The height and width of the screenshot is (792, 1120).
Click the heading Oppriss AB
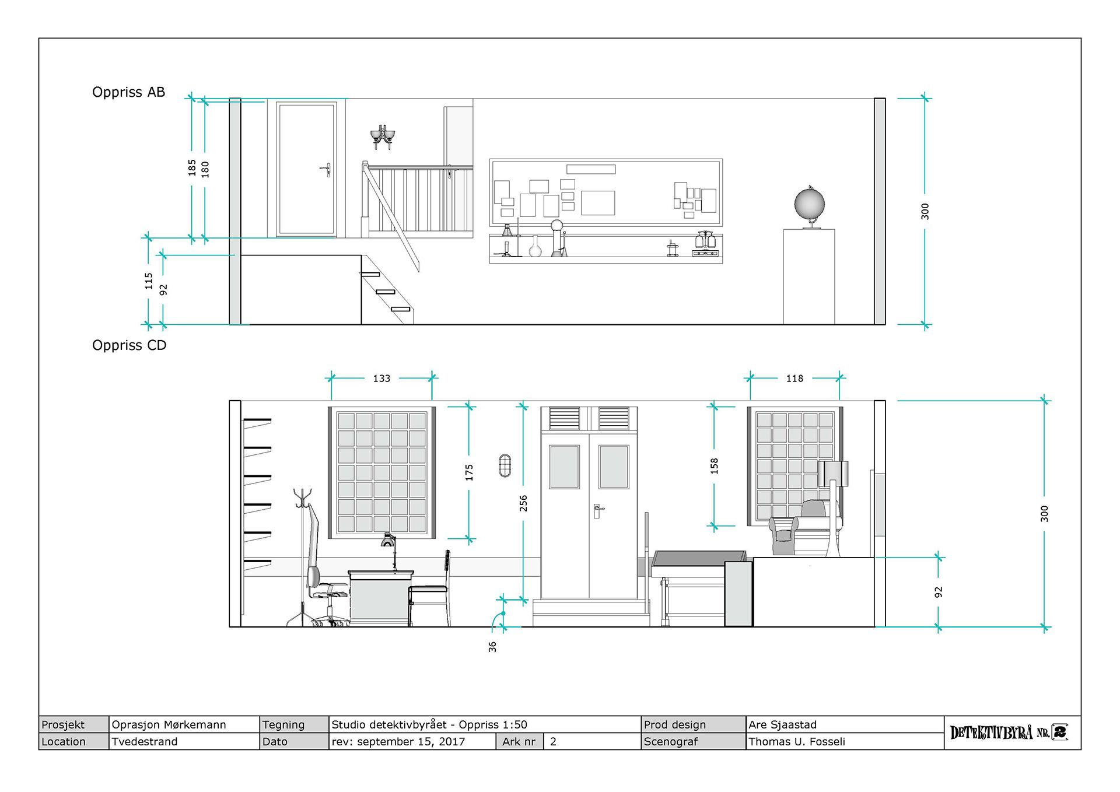[128, 92]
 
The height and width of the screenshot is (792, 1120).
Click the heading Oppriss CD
[129, 345]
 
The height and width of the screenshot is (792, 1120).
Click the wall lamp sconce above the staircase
[383, 136]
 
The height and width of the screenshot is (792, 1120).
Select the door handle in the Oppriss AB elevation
[327, 170]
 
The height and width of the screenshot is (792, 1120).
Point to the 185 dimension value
[192, 168]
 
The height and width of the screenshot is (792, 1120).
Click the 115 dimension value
[149, 281]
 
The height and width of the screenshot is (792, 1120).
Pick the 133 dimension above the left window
[381, 379]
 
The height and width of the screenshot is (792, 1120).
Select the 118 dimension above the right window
[794, 379]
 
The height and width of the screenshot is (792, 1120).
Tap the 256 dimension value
[523, 503]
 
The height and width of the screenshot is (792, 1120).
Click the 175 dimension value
[469, 472]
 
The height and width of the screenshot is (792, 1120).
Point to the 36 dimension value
[492, 647]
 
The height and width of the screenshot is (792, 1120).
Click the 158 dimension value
[714, 466]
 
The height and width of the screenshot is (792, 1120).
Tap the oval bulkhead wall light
[505, 465]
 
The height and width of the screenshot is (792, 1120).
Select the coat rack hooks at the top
[303, 499]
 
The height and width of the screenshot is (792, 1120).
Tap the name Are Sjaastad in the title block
[782, 724]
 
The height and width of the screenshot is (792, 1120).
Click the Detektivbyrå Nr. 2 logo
[1009, 733]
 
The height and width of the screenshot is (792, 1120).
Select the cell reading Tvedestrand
[145, 741]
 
